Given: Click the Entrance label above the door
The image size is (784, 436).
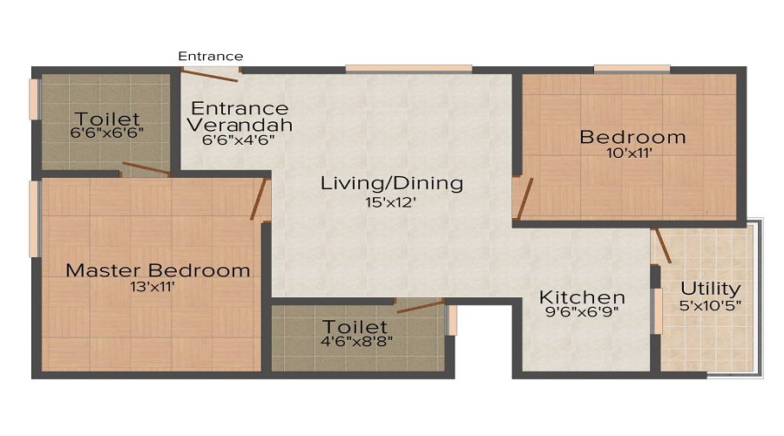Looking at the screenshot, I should click(211, 57).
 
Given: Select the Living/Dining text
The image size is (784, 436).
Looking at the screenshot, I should click(392, 184).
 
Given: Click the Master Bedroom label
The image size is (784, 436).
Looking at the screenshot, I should click(158, 270).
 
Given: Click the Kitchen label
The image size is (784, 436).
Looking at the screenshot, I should click(581, 296).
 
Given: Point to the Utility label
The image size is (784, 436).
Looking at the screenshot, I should click(710, 288).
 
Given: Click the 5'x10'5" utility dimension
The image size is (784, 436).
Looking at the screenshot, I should click(710, 306).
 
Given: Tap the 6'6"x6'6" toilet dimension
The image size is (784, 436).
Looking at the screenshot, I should click(106, 133).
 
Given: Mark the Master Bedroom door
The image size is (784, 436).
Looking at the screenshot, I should click(259, 200).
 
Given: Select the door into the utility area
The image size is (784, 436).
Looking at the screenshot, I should click(662, 245).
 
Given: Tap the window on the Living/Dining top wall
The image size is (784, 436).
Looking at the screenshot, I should click(408, 68).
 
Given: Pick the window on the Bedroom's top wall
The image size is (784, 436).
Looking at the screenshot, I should click(632, 68).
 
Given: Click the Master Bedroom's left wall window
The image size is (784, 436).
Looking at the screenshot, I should click(34, 219).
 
